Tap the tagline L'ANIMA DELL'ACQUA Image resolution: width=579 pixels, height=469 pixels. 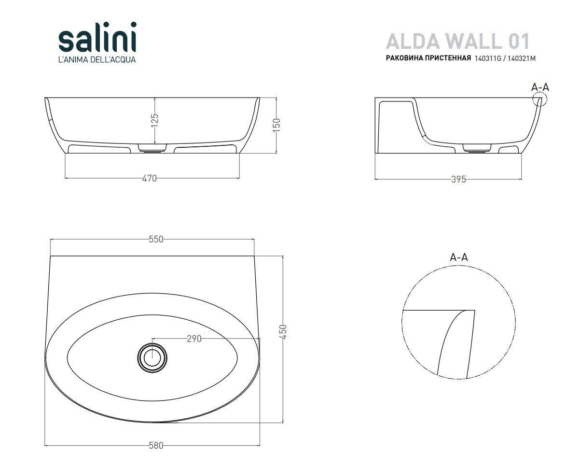(97, 60)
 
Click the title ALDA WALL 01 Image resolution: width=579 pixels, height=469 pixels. (457, 41)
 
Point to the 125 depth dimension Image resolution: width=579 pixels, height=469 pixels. (154, 120)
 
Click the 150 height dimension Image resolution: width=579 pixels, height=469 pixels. (276, 125)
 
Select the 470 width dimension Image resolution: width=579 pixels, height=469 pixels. (150, 178)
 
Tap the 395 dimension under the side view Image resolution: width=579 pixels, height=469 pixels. (458, 179)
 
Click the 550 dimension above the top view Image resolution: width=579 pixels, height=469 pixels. (156, 239)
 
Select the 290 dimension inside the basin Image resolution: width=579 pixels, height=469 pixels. (193, 339)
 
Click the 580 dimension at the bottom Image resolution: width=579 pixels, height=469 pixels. (156, 445)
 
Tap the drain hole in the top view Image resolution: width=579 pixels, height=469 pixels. (152, 357)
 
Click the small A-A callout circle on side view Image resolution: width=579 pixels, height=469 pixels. (540, 99)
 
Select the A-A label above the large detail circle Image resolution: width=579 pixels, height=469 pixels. (459, 257)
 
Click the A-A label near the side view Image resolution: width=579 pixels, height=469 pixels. (540, 87)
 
